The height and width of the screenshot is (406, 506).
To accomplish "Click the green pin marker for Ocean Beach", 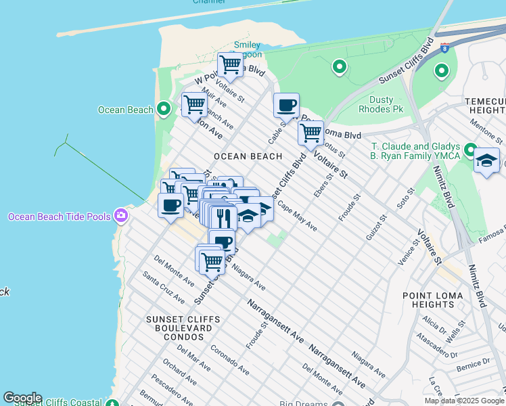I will (163, 109).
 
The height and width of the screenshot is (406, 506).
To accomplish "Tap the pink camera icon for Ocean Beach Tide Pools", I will (121, 215).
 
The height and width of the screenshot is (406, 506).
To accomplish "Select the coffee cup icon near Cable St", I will (286, 105).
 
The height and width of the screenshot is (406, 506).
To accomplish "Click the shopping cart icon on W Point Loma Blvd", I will (230, 65).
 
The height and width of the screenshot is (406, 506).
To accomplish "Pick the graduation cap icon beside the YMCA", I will (486, 161).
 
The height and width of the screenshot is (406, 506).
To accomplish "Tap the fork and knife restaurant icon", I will (221, 217).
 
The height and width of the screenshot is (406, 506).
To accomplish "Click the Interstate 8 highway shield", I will (444, 48).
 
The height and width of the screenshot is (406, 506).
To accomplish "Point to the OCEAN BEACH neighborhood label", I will (248, 156).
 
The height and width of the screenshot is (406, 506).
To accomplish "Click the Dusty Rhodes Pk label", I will (387, 104).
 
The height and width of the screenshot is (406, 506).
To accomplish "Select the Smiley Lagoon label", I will (247, 50).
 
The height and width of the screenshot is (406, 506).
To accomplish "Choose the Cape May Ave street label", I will (297, 217).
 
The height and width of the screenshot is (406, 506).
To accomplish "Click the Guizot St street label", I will (381, 228).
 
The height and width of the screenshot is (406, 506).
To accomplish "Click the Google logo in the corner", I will (22, 398).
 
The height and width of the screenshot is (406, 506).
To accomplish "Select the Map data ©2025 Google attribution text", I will (464, 401).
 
